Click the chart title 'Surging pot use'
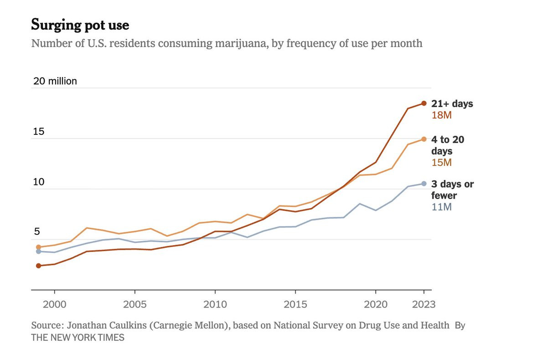pos(80,25)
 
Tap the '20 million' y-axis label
pos(55,81)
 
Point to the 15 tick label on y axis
pos(39,132)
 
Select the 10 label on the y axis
pos(39,182)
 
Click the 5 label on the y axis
pos(37,231)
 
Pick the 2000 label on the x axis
pos(54,304)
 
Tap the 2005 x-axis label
pos(135,304)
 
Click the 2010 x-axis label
pos(215,304)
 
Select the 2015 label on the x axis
pos(295,304)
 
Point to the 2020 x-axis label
pos(376,304)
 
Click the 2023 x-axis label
pos(424,304)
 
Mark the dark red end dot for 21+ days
pos(424,103)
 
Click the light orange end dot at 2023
pos(424,139)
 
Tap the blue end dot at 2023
pos(424,184)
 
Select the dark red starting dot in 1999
pos(39,266)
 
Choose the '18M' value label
pos(442,115)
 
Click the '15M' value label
pos(442,163)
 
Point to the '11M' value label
pos(442,207)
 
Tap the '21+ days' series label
pos(452,104)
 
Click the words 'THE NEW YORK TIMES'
pos(77,338)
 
